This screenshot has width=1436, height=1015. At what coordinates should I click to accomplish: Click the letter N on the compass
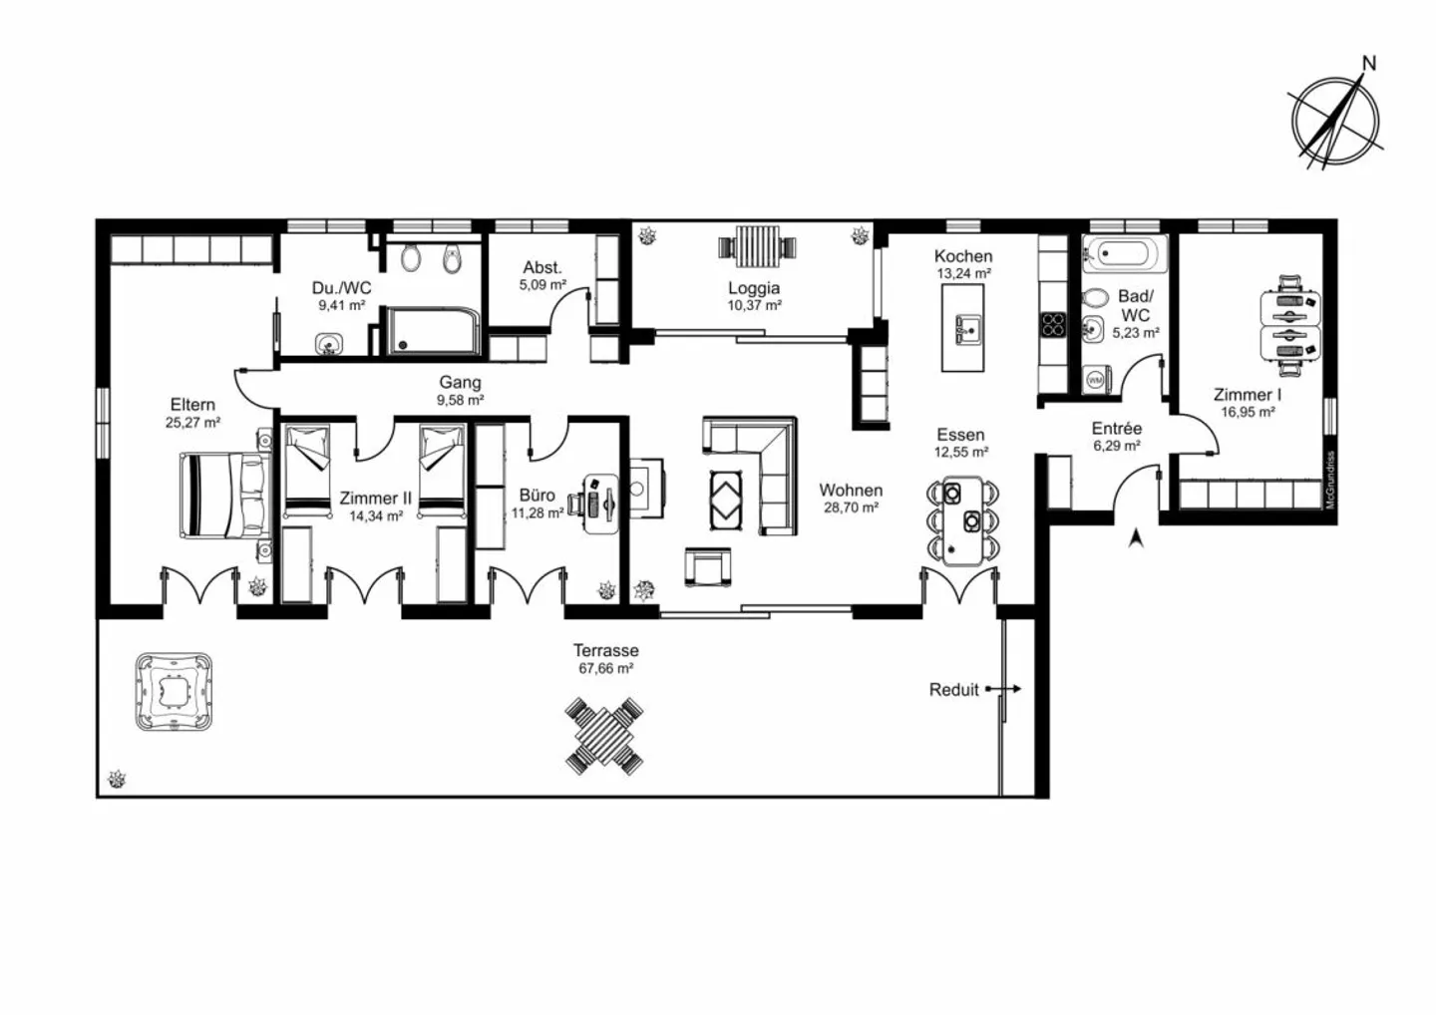coord(1368,64)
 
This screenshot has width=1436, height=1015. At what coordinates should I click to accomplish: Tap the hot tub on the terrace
coord(174,692)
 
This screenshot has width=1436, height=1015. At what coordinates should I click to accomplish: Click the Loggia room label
coord(754,288)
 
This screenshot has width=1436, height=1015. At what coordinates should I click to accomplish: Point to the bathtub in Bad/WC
coord(1125,253)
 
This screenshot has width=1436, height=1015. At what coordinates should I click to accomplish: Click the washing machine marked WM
coord(1096,380)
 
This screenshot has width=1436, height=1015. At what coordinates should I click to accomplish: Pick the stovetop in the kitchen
coord(1053,324)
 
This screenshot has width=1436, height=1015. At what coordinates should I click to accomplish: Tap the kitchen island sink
coord(967,330)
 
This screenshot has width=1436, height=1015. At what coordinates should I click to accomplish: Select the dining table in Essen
coord(963,521)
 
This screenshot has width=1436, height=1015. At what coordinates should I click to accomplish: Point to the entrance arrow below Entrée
coord(1136,538)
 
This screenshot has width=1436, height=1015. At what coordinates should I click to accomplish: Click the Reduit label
coord(954,690)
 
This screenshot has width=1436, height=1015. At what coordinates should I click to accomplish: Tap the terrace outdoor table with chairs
coord(604,736)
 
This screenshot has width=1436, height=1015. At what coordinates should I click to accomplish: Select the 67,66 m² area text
coord(606,668)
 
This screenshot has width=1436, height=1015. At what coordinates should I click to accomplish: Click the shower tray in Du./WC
coord(433,331)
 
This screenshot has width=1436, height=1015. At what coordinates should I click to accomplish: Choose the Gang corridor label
coord(461,382)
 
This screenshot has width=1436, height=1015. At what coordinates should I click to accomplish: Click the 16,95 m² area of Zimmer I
coord(1248,412)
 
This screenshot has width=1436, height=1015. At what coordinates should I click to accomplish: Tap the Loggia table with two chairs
coord(758,246)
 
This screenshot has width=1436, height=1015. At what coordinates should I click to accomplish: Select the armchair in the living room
coord(708,566)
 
